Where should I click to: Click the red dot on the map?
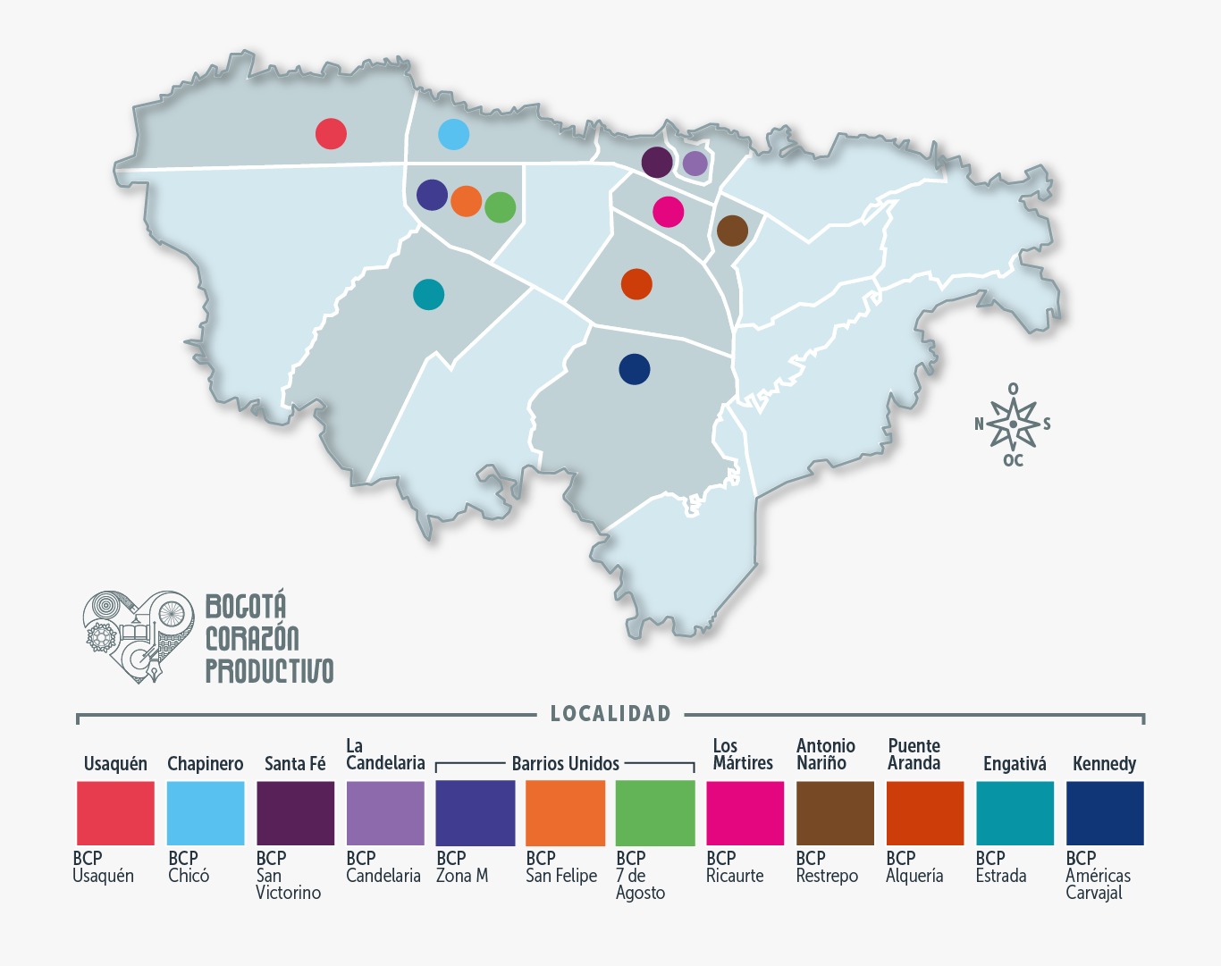click(331, 134)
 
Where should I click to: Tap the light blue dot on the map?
click(453, 134)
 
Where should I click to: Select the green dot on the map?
click(501, 207)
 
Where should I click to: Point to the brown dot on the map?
click(732, 231)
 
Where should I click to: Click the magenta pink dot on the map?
click(668, 212)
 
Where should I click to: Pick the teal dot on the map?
click(428, 294)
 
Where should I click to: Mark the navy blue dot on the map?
click(634, 369)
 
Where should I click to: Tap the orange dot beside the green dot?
click(466, 201)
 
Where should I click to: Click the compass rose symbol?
click(1013, 424)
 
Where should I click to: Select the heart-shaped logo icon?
click(139, 635)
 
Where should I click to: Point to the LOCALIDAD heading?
click(610, 714)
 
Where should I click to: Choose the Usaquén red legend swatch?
click(115, 813)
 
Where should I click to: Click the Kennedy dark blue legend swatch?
click(1105, 813)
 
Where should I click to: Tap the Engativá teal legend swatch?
click(1015, 813)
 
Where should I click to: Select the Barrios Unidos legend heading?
click(565, 764)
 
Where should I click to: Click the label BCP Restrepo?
click(827, 867)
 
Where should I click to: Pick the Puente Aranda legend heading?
click(914, 754)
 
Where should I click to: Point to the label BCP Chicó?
click(189, 867)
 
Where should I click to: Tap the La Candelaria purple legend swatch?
click(385, 813)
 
